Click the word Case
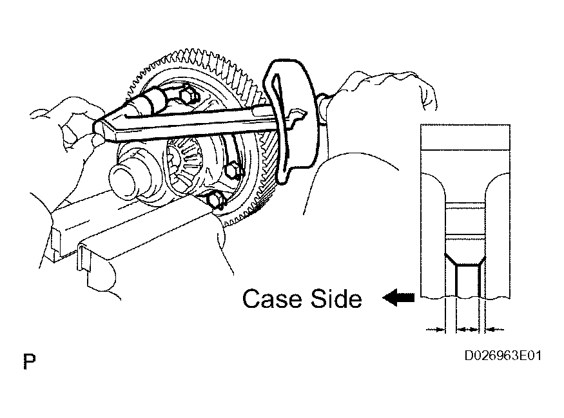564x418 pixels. pos(272,298)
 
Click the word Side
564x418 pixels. pos(336,298)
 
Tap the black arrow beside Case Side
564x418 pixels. pos(398,298)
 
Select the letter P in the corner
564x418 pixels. pos(30,361)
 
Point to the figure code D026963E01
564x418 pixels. pos(503,356)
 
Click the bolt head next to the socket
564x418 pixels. pos(187,94)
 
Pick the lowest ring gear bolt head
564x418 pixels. pos(215,200)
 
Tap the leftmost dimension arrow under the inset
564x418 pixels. pos(436,329)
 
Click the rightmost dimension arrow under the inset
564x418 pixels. pos(494,329)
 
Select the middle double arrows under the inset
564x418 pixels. pos(467,329)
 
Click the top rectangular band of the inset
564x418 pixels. pos(465,137)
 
